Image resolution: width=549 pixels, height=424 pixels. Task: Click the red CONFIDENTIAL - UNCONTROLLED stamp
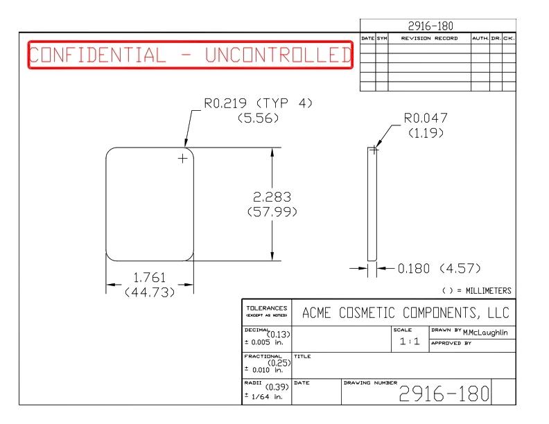(191, 55)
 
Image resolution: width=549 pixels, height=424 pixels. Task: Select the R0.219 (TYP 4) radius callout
(258, 103)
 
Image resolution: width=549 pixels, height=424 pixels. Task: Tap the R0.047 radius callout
(426, 118)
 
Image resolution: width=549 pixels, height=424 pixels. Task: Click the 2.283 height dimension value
(272, 197)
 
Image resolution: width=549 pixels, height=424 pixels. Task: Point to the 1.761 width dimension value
(150, 278)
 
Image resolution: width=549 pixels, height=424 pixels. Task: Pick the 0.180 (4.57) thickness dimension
(439, 268)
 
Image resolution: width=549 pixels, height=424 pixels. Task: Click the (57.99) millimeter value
(272, 211)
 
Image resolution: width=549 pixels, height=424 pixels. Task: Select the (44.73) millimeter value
(150, 292)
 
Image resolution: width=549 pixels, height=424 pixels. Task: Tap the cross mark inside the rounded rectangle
(183, 159)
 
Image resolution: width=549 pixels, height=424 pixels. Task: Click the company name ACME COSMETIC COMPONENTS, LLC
(406, 312)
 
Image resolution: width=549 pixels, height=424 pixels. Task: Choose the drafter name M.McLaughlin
(485, 333)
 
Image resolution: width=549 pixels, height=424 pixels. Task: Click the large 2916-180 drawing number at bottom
(444, 394)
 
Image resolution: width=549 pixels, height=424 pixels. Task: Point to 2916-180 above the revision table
(430, 26)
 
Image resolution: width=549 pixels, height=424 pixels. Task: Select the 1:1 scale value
(410, 341)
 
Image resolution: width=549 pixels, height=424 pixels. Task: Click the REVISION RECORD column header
(429, 38)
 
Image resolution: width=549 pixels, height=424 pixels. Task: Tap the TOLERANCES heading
(267, 308)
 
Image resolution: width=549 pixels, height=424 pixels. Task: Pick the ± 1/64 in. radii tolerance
(263, 397)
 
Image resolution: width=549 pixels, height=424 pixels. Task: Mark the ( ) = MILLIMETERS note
(476, 291)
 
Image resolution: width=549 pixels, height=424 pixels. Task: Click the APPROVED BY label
(451, 343)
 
